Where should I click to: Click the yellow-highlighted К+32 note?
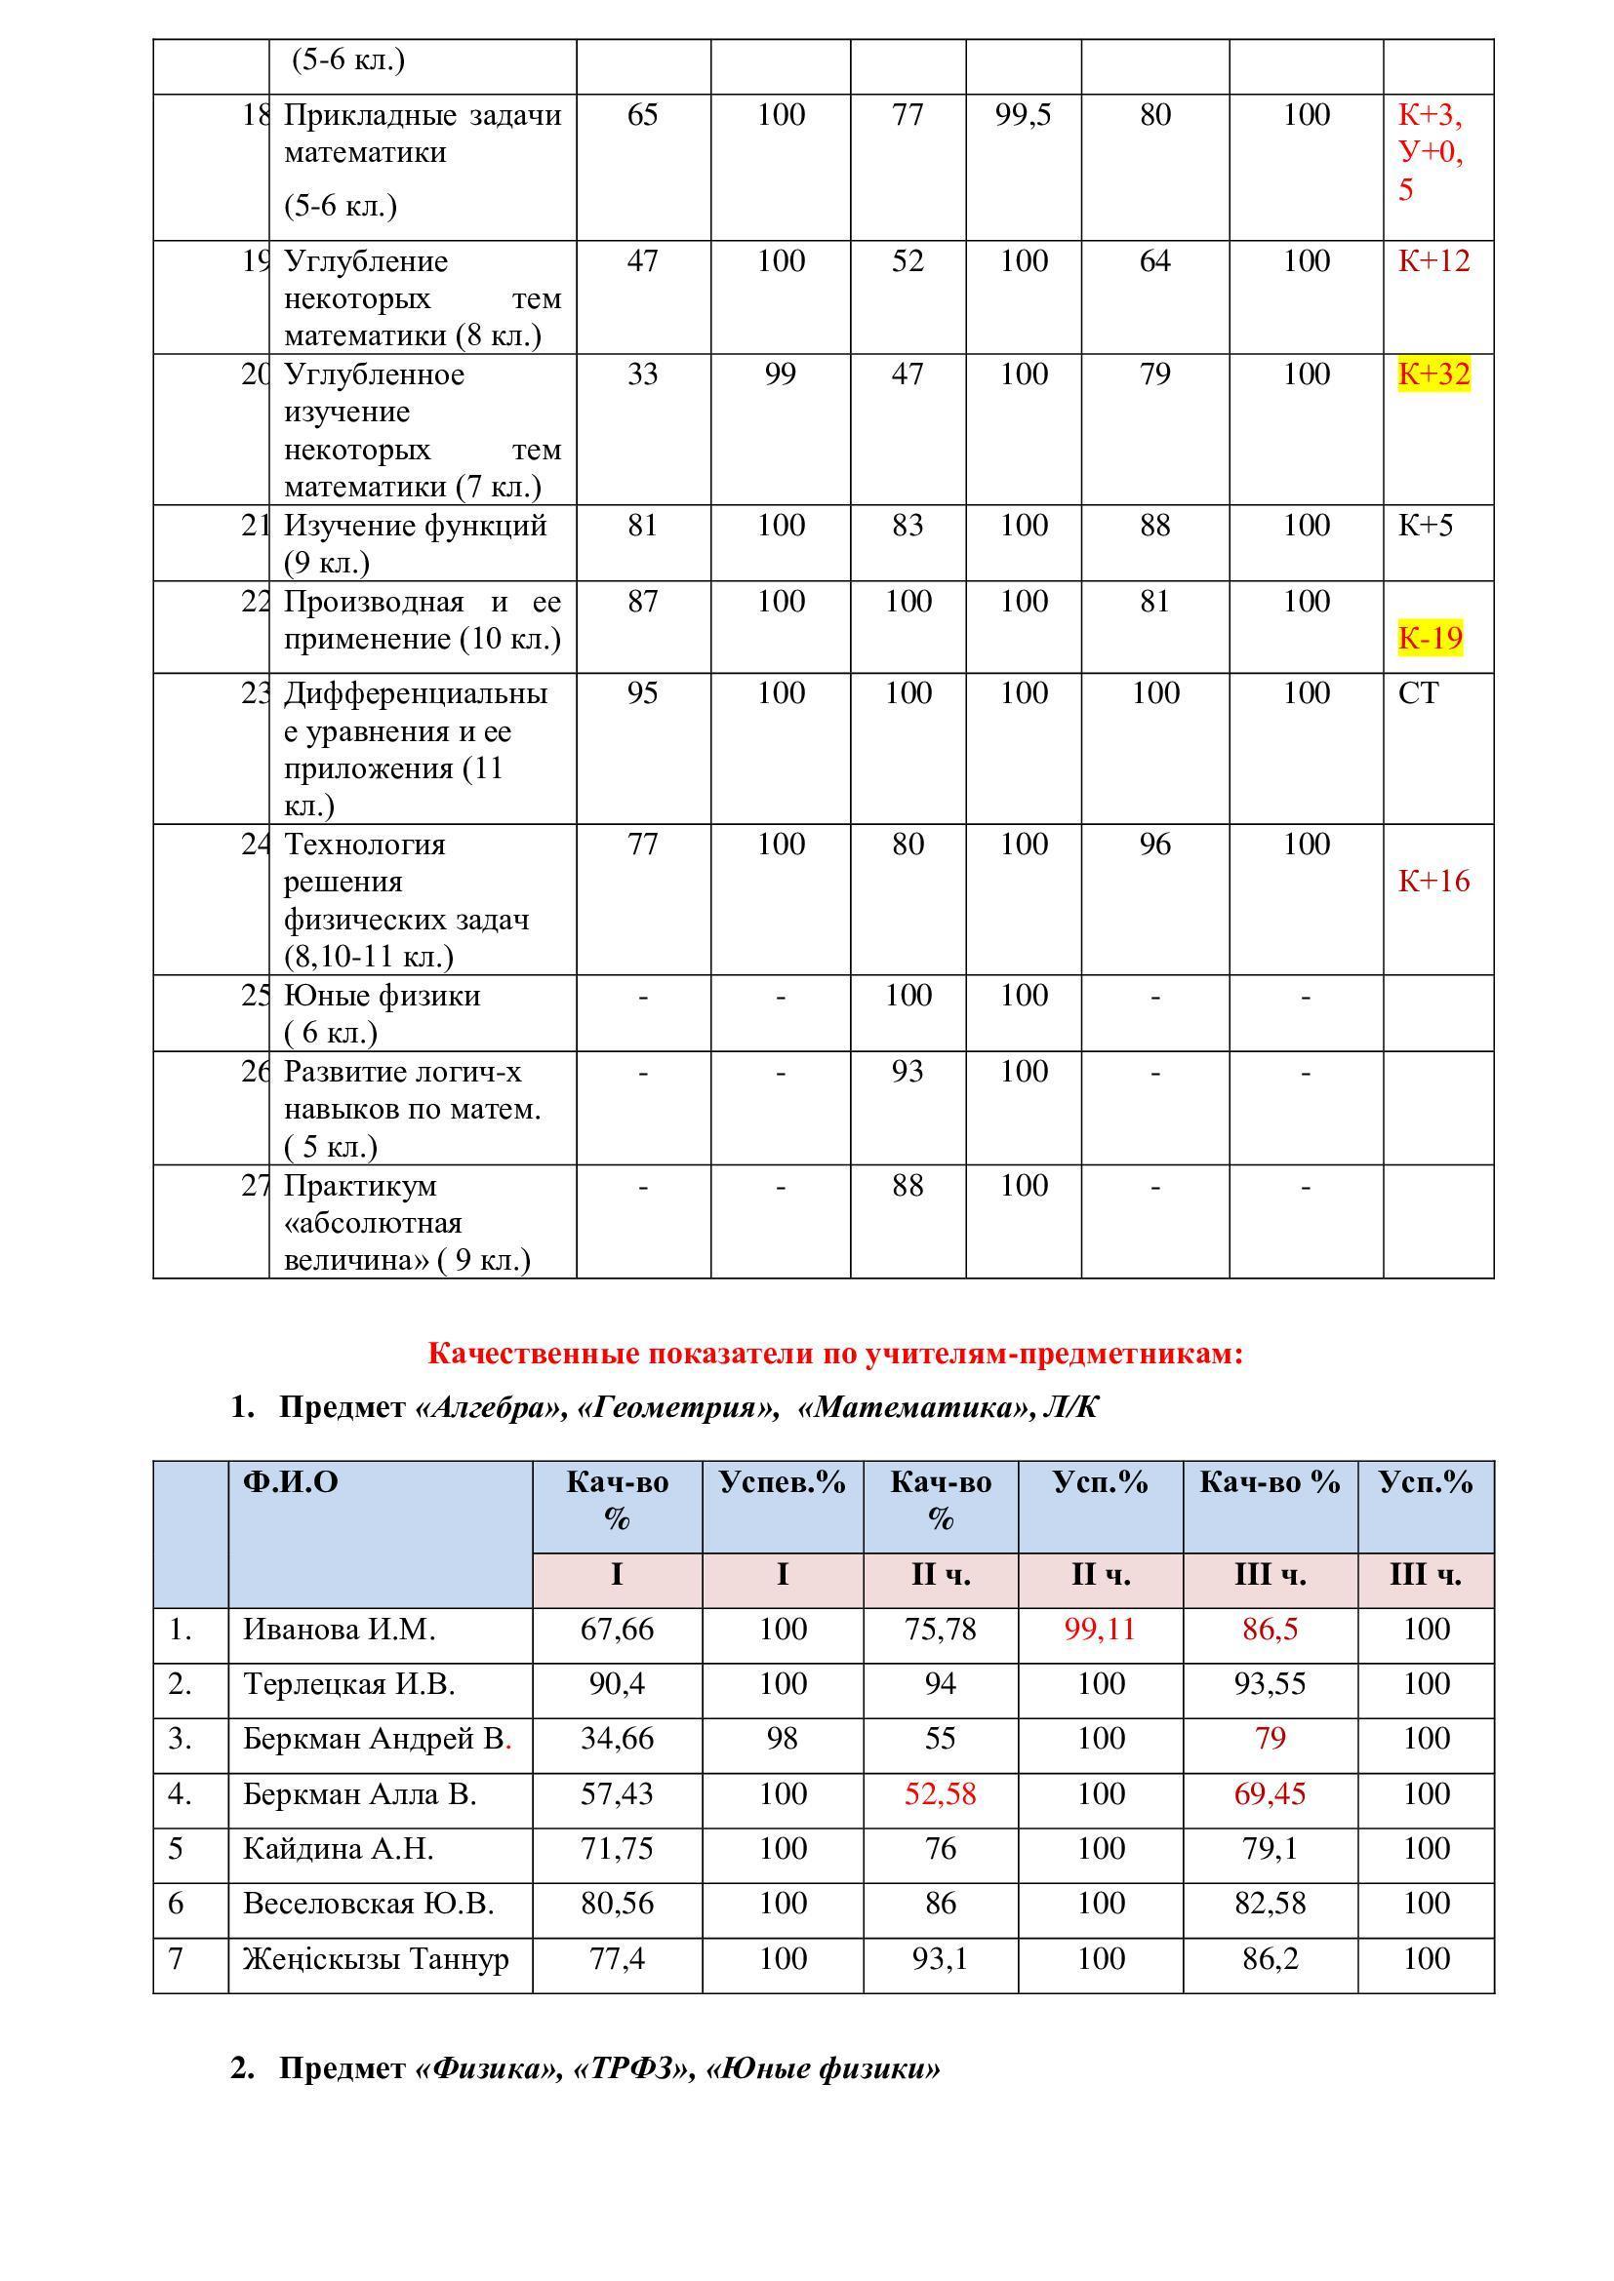point(1433,374)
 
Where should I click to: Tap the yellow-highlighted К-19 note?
point(1431,638)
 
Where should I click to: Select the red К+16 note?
point(1433,882)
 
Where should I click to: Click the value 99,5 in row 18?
point(1023,115)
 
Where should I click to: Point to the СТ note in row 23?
point(1417,693)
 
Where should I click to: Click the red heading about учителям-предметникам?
point(835,1354)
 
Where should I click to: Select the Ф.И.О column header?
point(290,1482)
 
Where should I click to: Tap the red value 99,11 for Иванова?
point(1099,1630)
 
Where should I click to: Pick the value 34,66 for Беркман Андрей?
point(616,1739)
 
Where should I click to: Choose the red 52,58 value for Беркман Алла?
point(940,1794)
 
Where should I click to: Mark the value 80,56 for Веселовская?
point(616,1904)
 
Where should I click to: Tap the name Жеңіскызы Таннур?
point(376,1959)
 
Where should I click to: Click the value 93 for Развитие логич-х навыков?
point(908,1072)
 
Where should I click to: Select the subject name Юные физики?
point(382,996)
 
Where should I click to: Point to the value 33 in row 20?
point(642,374)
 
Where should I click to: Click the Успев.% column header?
point(783,1482)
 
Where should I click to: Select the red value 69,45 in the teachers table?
point(1270,1794)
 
